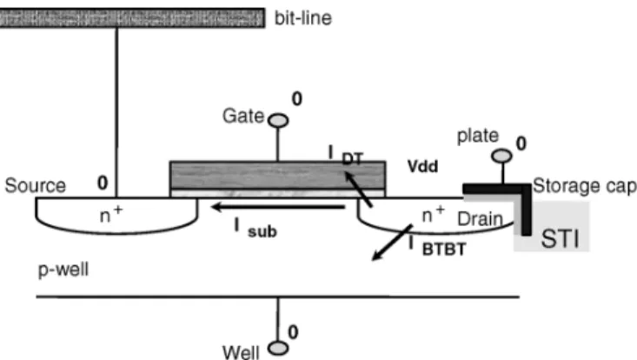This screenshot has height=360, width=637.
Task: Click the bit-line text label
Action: pos(303,18)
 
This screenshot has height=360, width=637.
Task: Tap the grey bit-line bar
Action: pos(132,18)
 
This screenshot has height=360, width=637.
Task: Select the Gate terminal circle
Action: pos(278,121)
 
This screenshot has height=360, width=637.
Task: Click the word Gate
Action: pos(243,117)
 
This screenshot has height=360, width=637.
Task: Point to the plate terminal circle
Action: pos(501,156)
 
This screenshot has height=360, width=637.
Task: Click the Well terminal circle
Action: pos(278,348)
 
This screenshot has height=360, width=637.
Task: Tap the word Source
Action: pos(36,186)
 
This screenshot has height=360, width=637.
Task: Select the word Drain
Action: pos(481,219)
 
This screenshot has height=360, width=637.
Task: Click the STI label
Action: pos(560,239)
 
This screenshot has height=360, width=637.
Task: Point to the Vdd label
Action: pos(422,167)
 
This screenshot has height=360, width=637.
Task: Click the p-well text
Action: pos(63,270)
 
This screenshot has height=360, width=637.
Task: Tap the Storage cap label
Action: pos(585,186)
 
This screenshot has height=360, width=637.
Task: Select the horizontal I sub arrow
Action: pos(278,207)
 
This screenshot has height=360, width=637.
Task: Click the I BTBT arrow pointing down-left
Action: pos(393,242)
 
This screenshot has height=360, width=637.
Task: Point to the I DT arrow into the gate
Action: pos(358,190)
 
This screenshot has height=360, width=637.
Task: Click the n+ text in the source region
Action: pos(111,215)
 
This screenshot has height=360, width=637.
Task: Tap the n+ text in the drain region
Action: pos(434,215)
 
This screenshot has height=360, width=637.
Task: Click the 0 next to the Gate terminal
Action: pos(297,99)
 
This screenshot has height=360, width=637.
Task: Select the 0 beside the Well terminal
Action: pos(293,332)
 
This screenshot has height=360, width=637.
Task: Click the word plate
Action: pos(478,137)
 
